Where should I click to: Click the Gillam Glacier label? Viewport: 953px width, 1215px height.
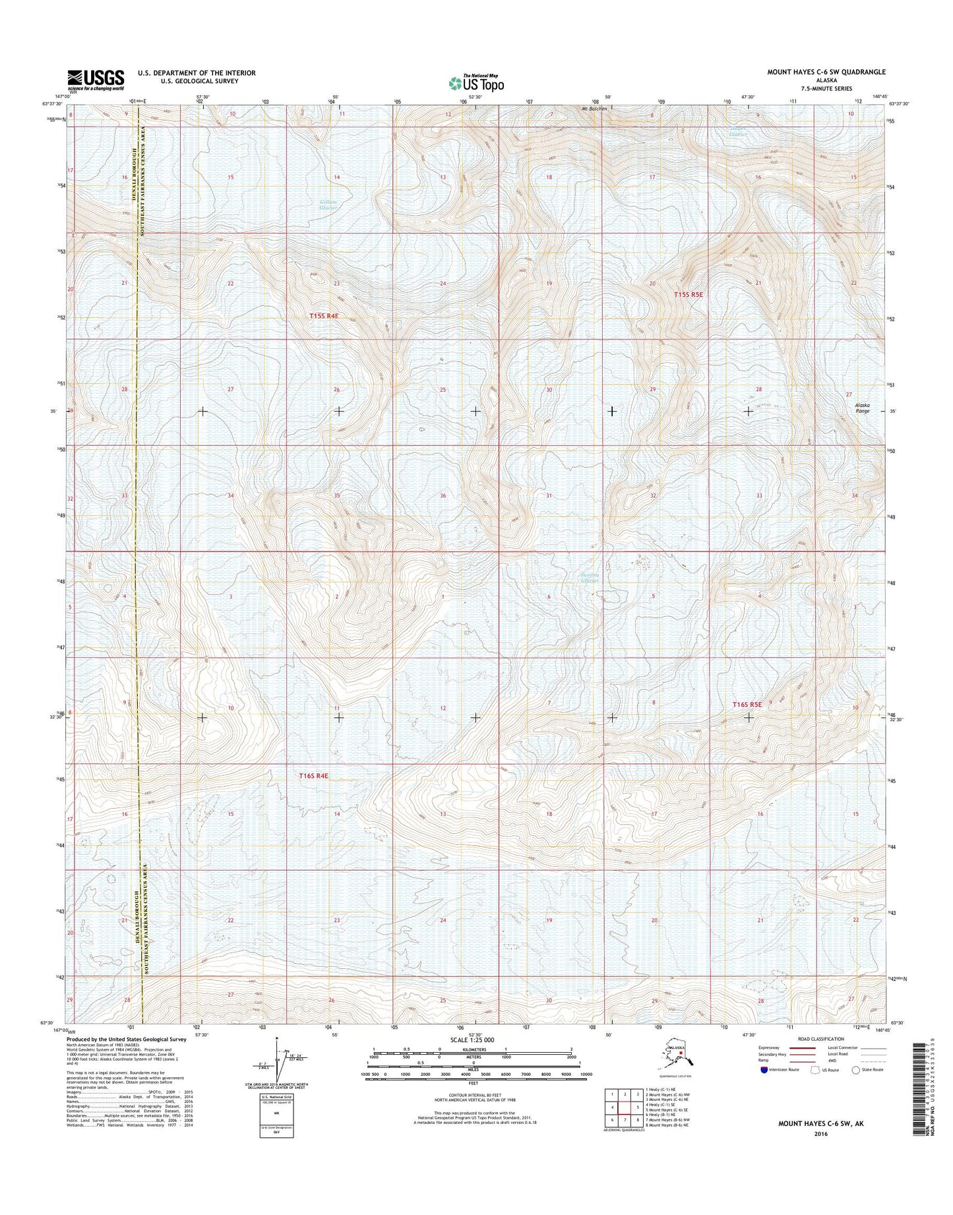pyautogui.click(x=328, y=205)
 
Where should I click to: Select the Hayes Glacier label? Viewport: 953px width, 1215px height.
pyautogui.click(x=739, y=131)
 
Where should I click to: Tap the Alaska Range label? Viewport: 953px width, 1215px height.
pyautogui.click(x=862, y=408)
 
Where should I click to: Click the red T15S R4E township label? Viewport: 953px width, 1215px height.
pyautogui.click(x=323, y=316)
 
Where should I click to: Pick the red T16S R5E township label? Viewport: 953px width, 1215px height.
pyautogui.click(x=747, y=704)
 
